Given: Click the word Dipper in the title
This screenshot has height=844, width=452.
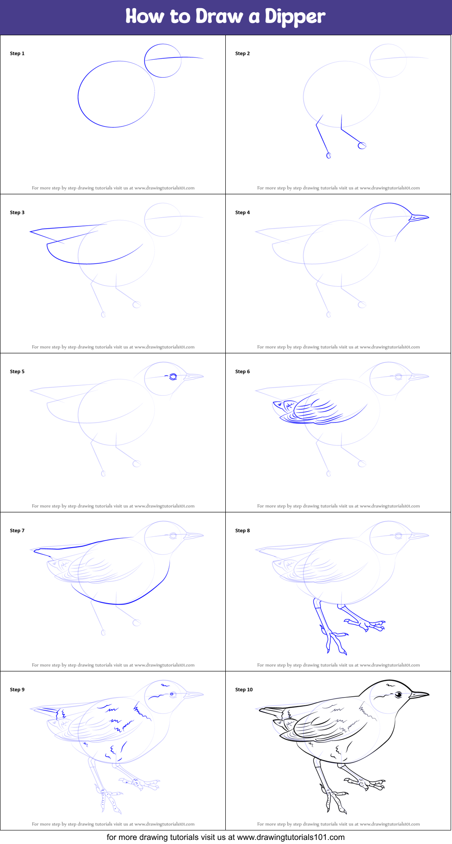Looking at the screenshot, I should pos(295,17).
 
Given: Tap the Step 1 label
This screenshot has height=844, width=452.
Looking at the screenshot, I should pos(17,53).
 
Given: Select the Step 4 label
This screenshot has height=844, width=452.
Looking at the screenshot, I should pos(243,212).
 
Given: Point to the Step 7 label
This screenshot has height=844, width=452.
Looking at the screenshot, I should pos(17,530).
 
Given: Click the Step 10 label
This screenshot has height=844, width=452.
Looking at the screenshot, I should pos(244,689).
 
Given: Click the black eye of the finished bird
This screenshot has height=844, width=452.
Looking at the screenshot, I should pos(399,694).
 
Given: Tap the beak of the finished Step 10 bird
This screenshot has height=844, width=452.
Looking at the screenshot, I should pos(419,694).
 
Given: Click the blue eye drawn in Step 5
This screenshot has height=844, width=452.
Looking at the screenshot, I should pos(173,377).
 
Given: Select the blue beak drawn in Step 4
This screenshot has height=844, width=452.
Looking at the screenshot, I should pos(419,217).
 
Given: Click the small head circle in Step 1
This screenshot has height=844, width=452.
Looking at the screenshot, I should pos(163,61).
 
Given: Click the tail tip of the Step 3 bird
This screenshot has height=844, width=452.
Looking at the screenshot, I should pos(31,232).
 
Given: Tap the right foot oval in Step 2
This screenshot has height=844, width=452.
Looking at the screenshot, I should pos(362,145).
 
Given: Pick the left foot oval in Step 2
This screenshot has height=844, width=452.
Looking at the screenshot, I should pos(329,155).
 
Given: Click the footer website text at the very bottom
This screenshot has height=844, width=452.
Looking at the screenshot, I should pos(225,837).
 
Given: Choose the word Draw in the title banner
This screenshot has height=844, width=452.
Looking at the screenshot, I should pos(219,17).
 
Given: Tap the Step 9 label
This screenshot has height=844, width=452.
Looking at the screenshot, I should pos(17,689).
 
